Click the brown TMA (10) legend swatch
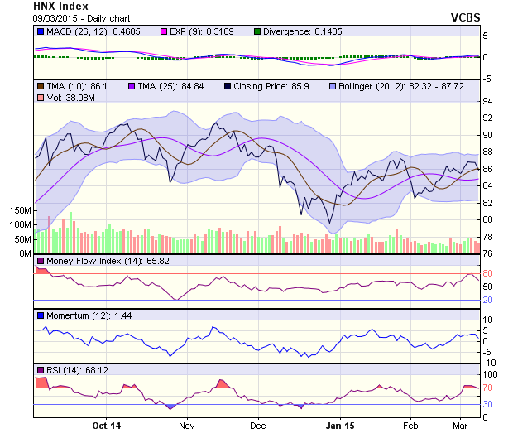40,86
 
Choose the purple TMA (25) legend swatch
131,86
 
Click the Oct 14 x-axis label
107,426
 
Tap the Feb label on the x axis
410,426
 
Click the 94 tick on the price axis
488,101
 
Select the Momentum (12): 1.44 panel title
81,315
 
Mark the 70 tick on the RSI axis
488,388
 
